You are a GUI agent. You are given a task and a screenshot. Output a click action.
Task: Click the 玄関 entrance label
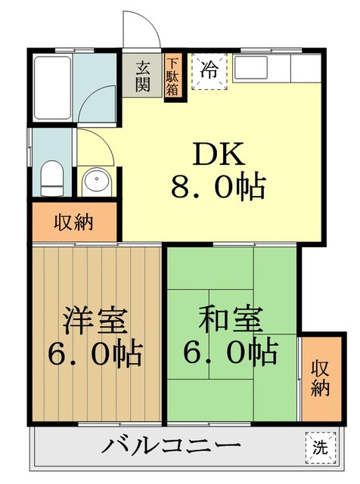(x=143, y=75)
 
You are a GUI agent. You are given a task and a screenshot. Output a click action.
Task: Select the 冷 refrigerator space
(x=210, y=73)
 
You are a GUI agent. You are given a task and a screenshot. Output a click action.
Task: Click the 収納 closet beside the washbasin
(x=74, y=222)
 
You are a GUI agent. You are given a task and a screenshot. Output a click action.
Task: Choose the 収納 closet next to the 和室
(x=320, y=378)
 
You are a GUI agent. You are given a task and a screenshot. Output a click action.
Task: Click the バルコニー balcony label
(x=172, y=445)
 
